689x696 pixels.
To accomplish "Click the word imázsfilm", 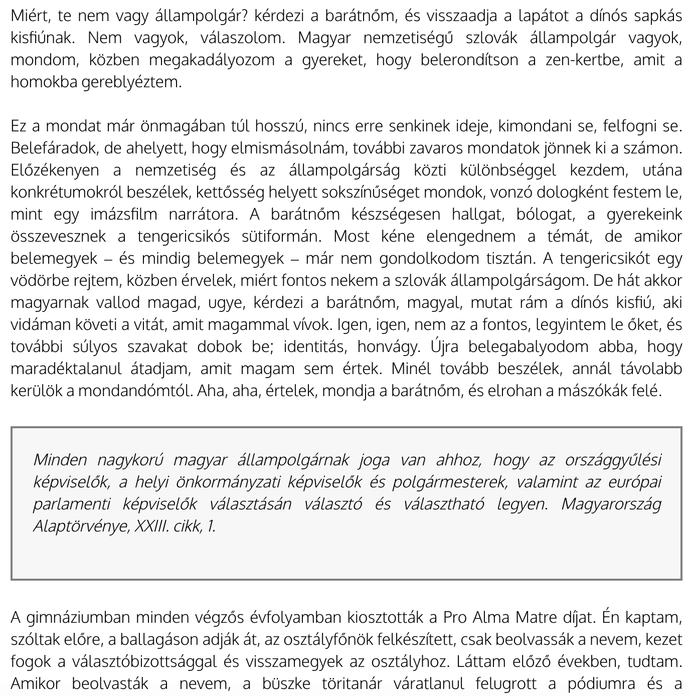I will (123, 215).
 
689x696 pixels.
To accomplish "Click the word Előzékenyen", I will (55, 170).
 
